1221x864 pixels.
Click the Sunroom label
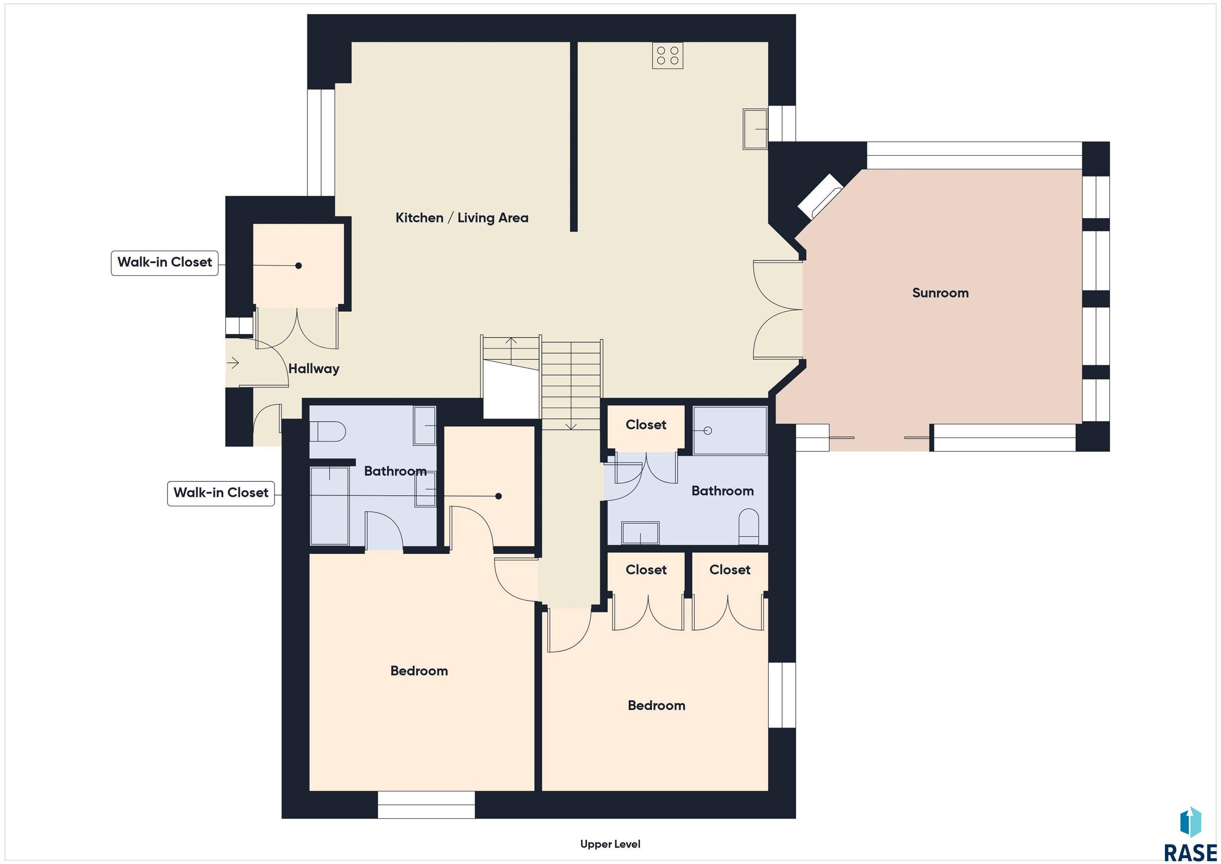tap(940, 293)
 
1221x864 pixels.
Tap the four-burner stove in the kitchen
tap(667, 55)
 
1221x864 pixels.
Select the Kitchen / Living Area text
tap(461, 217)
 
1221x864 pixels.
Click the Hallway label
tap(314, 369)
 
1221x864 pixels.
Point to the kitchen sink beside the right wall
tap(755, 129)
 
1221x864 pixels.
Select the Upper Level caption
tap(610, 844)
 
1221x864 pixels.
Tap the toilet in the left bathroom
tap(328, 431)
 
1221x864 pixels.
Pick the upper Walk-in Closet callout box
tap(165, 263)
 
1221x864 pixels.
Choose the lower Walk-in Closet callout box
tap(221, 493)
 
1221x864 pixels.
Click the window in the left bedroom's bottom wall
tap(426, 804)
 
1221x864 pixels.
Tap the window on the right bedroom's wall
tap(782, 695)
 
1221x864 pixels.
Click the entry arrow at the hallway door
tap(233, 363)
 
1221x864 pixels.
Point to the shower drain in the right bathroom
tap(707, 430)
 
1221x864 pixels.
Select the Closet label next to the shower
tap(645, 425)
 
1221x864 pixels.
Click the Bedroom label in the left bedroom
tap(419, 671)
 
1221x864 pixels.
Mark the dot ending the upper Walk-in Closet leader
tap(298, 266)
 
